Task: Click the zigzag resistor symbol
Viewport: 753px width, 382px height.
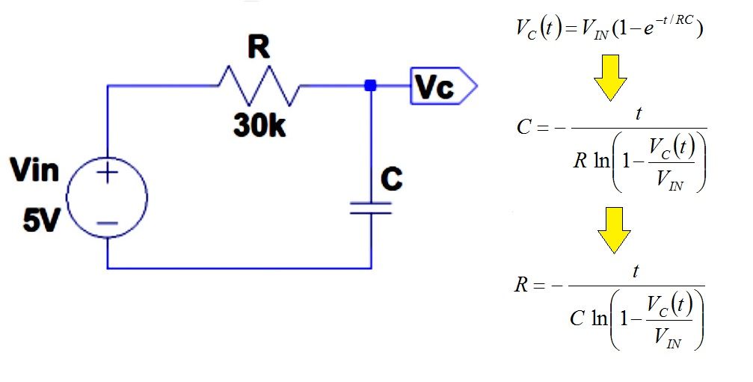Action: pyautogui.click(x=259, y=86)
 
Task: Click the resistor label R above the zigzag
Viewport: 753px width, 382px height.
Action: pyautogui.click(x=259, y=48)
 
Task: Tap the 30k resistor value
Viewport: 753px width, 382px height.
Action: pyautogui.click(x=259, y=126)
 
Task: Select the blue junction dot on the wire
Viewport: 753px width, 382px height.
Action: pyautogui.click(x=370, y=86)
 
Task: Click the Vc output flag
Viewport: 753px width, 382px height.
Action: pyautogui.click(x=443, y=87)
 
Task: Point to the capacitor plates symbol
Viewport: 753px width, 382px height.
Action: pyautogui.click(x=371, y=207)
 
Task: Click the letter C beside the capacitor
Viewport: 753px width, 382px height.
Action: pyautogui.click(x=391, y=179)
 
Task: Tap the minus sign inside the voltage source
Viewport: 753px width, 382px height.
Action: pyautogui.click(x=108, y=224)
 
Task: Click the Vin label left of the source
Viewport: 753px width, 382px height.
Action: pyautogui.click(x=34, y=170)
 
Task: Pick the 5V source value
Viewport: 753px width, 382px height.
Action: pyautogui.click(x=41, y=221)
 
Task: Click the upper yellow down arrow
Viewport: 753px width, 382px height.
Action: pyautogui.click(x=610, y=78)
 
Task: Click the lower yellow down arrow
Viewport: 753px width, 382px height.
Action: pyautogui.click(x=614, y=230)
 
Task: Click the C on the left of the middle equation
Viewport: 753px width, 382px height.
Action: pyautogui.click(x=523, y=127)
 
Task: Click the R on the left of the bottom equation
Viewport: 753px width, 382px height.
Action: pyautogui.click(x=521, y=285)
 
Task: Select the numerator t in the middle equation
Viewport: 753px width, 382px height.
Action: pyautogui.click(x=639, y=114)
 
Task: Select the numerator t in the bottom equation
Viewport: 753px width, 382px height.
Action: pyautogui.click(x=636, y=271)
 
